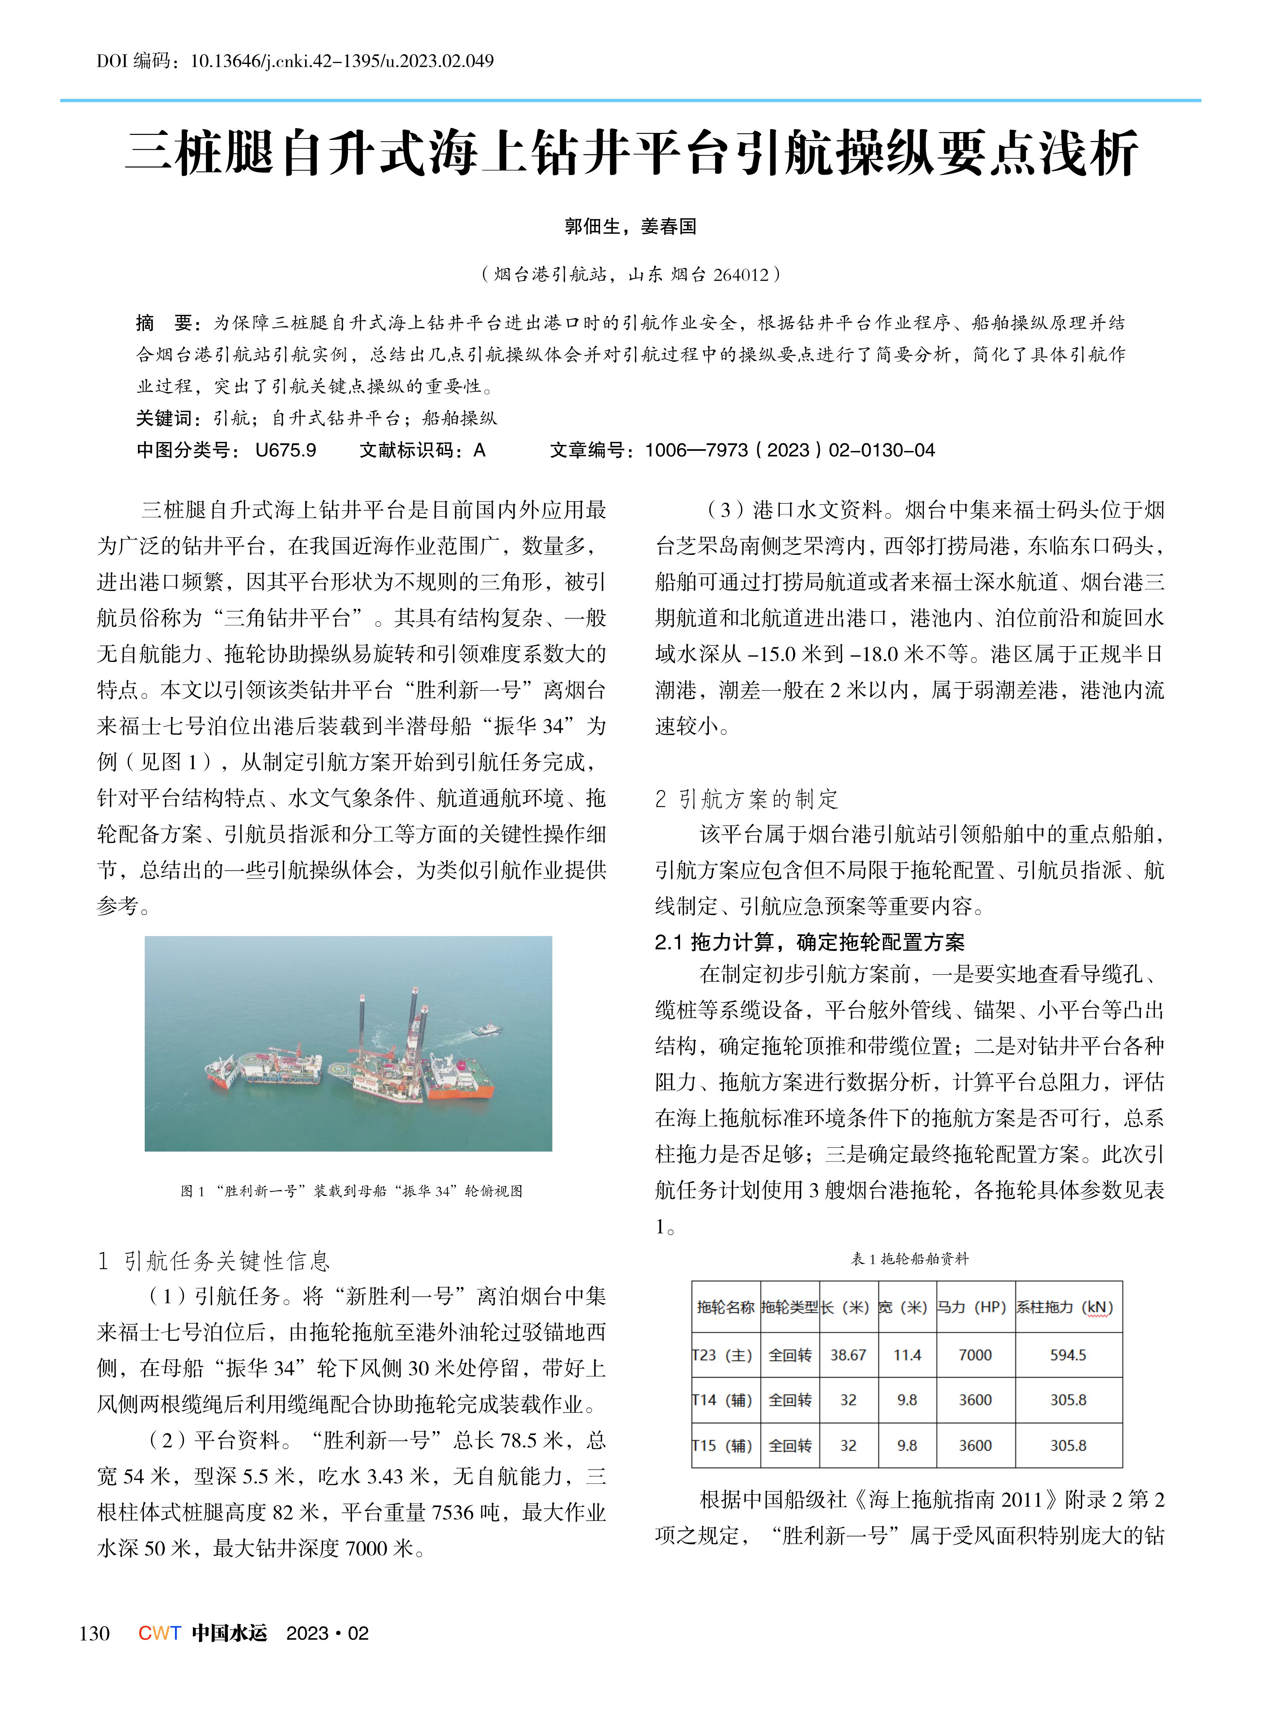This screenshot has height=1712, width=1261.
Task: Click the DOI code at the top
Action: click(295, 61)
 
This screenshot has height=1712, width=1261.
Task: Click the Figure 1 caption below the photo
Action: click(351, 1190)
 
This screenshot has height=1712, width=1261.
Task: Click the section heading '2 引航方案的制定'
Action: click(746, 799)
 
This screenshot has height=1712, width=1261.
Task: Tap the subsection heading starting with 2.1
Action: click(809, 942)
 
